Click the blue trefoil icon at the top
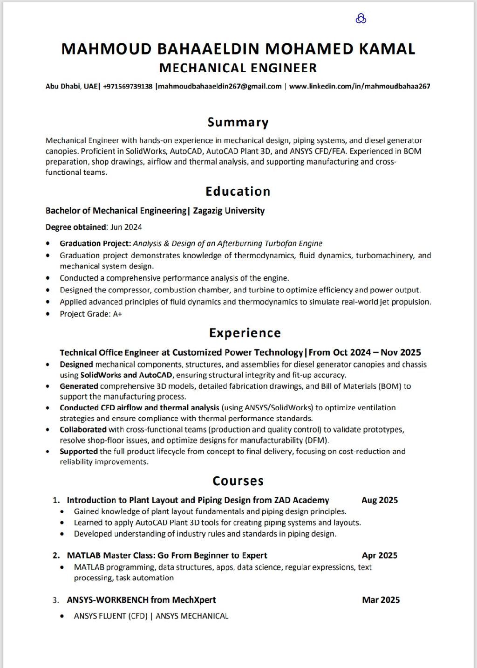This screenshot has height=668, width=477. (x=361, y=19)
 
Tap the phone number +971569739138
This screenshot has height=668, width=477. (x=128, y=86)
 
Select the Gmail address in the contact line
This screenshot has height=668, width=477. (x=220, y=86)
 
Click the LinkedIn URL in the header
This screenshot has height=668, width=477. (x=359, y=86)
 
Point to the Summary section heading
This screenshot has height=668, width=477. (x=238, y=123)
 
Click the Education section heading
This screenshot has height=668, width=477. (x=238, y=192)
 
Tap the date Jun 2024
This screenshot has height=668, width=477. (x=126, y=227)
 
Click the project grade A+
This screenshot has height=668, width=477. (x=117, y=314)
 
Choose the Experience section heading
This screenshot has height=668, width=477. (x=245, y=333)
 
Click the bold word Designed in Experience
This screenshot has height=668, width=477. (x=76, y=365)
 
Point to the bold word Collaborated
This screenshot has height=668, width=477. (x=83, y=429)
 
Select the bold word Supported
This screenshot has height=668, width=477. (x=79, y=451)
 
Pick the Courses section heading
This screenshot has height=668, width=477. (x=238, y=481)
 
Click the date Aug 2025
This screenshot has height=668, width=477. (x=380, y=500)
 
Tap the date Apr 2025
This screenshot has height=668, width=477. (x=380, y=555)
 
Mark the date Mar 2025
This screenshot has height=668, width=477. (x=381, y=600)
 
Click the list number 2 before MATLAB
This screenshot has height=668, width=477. (x=56, y=556)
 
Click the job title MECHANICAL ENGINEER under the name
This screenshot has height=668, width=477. (x=238, y=68)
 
